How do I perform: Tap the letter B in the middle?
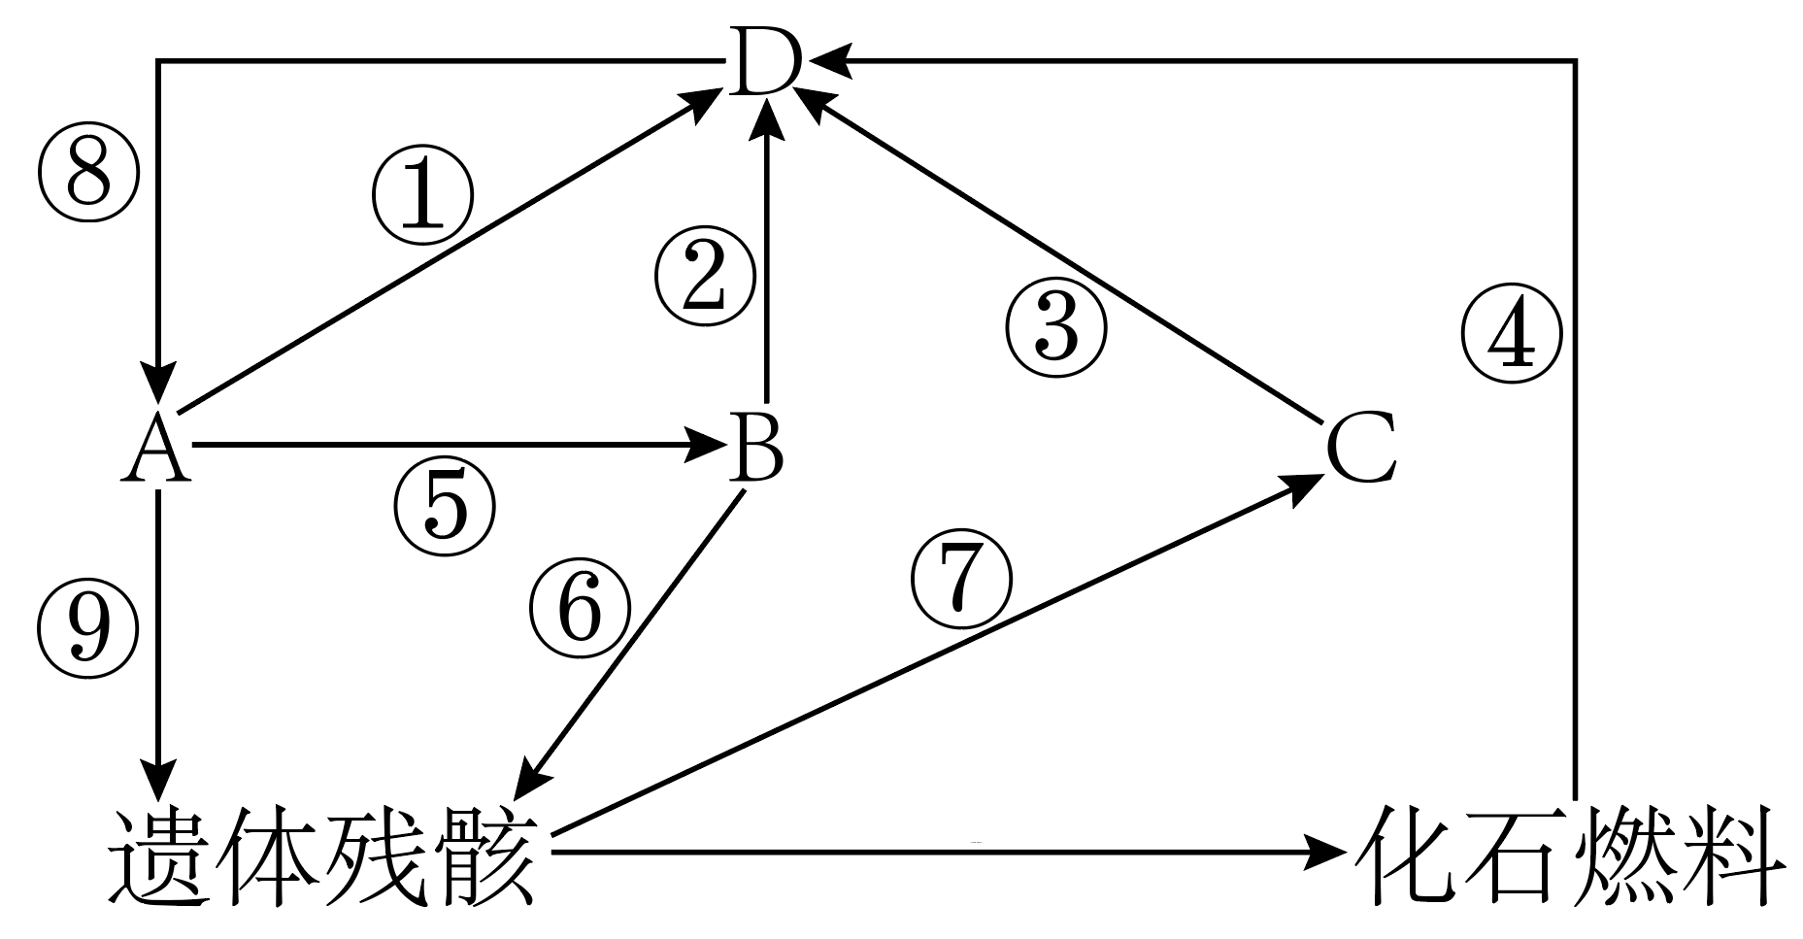pos(757,448)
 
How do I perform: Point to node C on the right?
pos(1361,448)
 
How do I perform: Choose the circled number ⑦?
pos(960,580)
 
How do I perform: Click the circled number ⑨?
pos(87,628)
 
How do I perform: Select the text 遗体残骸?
pos(323,854)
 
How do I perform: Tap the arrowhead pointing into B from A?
pos(707,446)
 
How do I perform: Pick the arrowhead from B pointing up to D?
pos(769,121)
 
